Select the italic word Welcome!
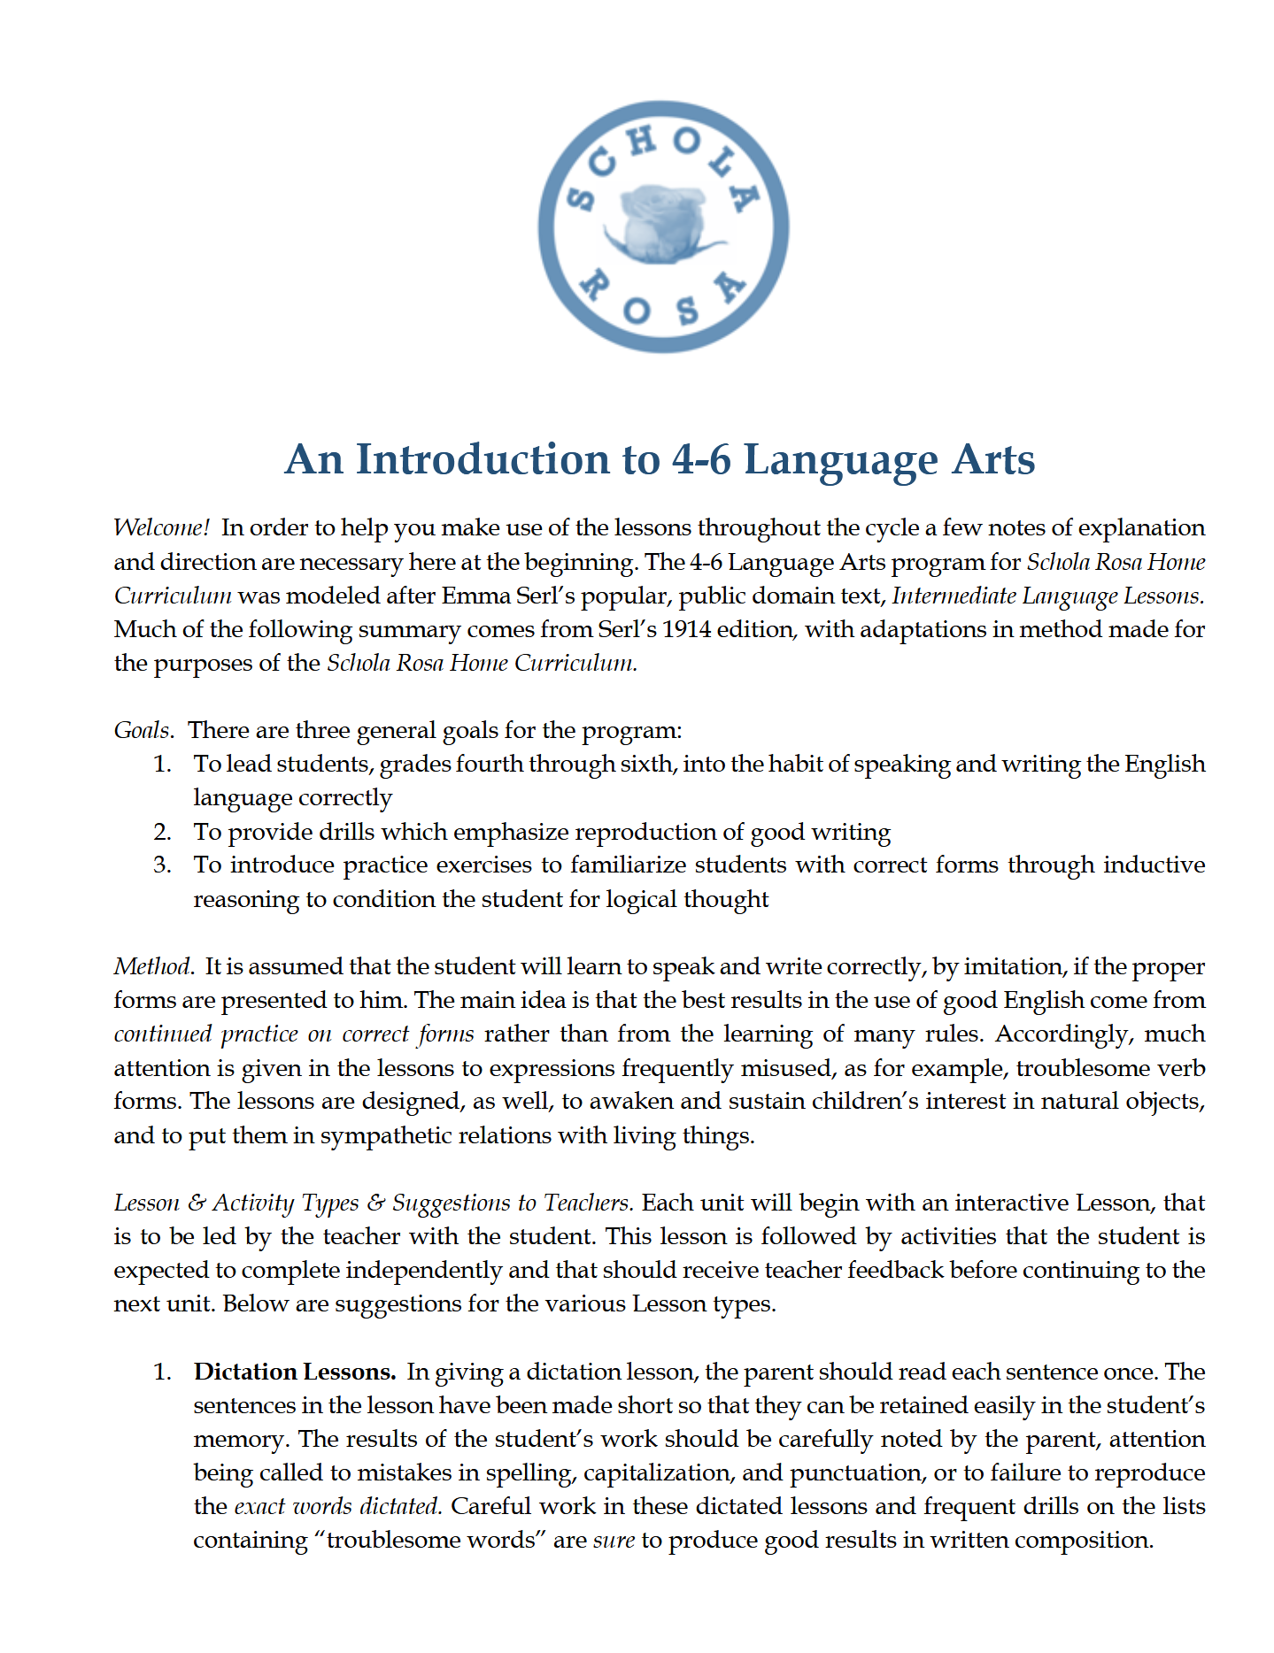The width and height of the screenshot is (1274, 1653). coord(161,528)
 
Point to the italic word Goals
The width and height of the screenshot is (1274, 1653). coord(143,731)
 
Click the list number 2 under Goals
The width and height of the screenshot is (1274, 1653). coord(162,832)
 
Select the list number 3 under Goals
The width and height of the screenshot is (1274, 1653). coord(162,865)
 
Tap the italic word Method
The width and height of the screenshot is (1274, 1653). coord(153,966)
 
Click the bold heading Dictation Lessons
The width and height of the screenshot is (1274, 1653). coord(294,1372)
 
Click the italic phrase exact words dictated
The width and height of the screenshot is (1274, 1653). coord(337,1506)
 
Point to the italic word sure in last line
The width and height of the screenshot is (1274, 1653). coord(614,1541)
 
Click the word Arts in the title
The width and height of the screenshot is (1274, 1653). coord(993,459)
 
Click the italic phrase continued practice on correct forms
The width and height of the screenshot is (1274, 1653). coord(293,1034)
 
